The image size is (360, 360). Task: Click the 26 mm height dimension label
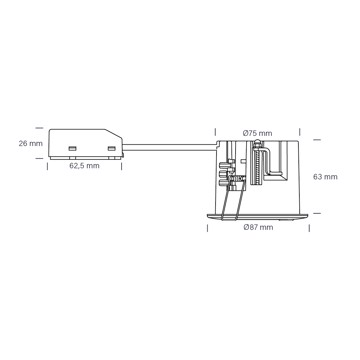point(31,144)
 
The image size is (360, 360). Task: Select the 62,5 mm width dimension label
point(84,166)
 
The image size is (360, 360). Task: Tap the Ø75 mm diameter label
point(257,133)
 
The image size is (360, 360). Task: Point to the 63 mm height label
point(325,177)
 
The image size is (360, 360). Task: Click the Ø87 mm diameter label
point(258,227)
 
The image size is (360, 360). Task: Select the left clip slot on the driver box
point(72,148)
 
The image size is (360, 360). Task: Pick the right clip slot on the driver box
point(111,148)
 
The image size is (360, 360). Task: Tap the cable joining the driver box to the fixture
point(169,147)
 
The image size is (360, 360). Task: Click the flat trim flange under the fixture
point(258,217)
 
